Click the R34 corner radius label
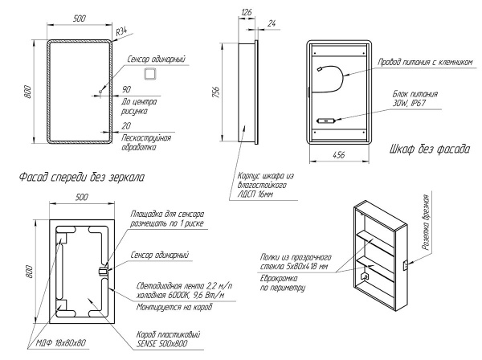[x=121, y=31]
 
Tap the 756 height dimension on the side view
[x=216, y=92]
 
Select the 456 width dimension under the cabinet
[x=339, y=155]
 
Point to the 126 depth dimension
[x=247, y=12]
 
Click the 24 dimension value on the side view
[x=272, y=23]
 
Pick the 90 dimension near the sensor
[x=126, y=89]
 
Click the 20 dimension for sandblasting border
[x=126, y=125]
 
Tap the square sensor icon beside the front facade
[x=151, y=74]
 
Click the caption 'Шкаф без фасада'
[x=430, y=149]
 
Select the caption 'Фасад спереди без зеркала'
[x=82, y=178]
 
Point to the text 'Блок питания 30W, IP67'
[x=415, y=98]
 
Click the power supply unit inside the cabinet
[x=326, y=121]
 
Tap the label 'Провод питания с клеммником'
[x=425, y=63]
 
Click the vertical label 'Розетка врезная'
[x=426, y=223]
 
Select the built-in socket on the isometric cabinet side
[x=406, y=265]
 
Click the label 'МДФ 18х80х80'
[x=61, y=343]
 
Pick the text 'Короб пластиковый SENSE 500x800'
[x=168, y=339]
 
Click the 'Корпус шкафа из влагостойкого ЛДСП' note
[x=266, y=185]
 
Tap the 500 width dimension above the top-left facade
[x=80, y=18]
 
